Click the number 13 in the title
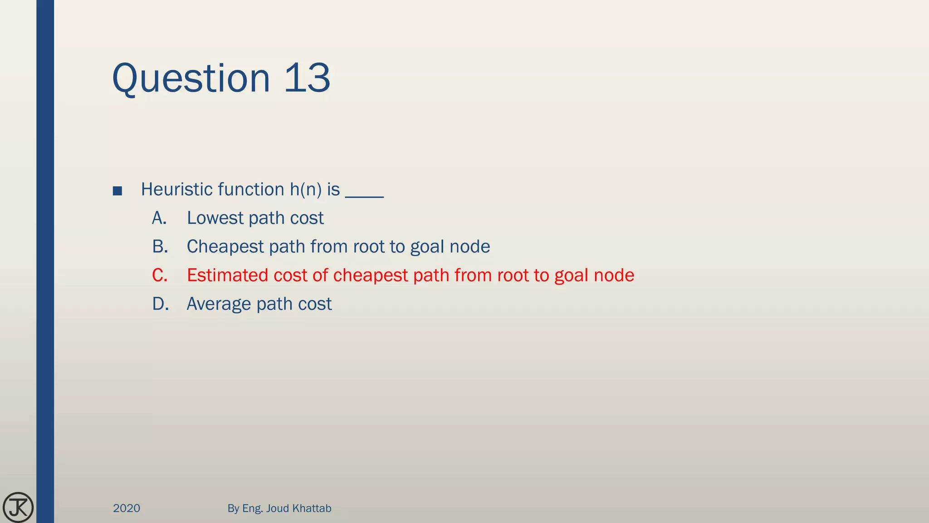click(307, 78)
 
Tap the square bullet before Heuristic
click(117, 191)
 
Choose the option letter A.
click(159, 218)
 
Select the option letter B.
click(160, 247)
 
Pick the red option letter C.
click(160, 275)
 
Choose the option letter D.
click(160, 304)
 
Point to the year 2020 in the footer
click(127, 508)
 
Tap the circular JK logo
click(18, 507)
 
